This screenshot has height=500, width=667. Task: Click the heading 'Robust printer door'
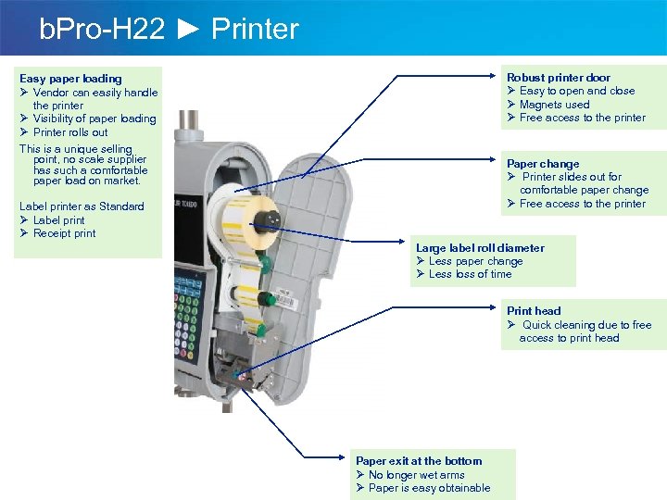(x=558, y=78)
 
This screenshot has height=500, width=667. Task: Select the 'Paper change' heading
(x=543, y=164)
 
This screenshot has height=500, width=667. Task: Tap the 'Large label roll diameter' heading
(x=480, y=248)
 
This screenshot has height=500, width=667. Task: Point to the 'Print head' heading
(x=534, y=311)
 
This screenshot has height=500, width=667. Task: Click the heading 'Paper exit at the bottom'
(x=419, y=461)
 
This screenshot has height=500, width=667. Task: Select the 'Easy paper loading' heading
(x=70, y=79)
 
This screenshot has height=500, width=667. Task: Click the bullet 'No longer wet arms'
(x=416, y=475)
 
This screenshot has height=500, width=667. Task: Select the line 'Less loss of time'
(x=470, y=274)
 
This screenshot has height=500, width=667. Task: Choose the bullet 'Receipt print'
(x=64, y=233)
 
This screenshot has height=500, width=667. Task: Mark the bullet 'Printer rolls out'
(x=69, y=132)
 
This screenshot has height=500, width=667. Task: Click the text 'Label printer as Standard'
(x=82, y=206)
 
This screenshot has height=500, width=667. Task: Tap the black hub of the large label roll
(x=271, y=219)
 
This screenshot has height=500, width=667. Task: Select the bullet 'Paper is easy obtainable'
(x=429, y=488)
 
